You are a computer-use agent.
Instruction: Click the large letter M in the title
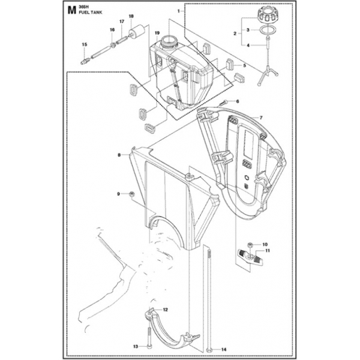[x=72, y=10]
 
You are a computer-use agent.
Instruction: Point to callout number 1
[x=178, y=11]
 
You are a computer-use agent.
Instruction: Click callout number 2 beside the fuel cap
[x=235, y=34]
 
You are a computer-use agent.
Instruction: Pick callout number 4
[x=248, y=45]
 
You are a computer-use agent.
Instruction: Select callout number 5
[x=244, y=65]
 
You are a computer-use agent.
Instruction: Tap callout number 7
[x=244, y=118]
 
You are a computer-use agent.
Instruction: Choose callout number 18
[x=131, y=16]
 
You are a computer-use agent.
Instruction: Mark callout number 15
[x=85, y=45]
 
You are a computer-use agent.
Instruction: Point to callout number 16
[x=112, y=30]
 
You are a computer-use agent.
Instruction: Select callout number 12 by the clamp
[x=165, y=310]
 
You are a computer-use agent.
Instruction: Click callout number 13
[x=136, y=346]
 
